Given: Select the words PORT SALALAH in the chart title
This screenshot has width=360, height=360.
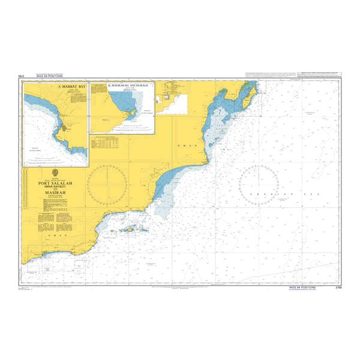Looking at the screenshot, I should (x=56, y=184).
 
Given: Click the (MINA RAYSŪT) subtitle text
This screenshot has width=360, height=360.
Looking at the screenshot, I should (x=56, y=187).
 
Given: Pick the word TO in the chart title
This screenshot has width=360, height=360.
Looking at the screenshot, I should (x=56, y=190).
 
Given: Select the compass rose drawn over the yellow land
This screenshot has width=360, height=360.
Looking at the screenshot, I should (x=106, y=182).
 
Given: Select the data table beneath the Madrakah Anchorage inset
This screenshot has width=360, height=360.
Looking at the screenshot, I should (x=106, y=143).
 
